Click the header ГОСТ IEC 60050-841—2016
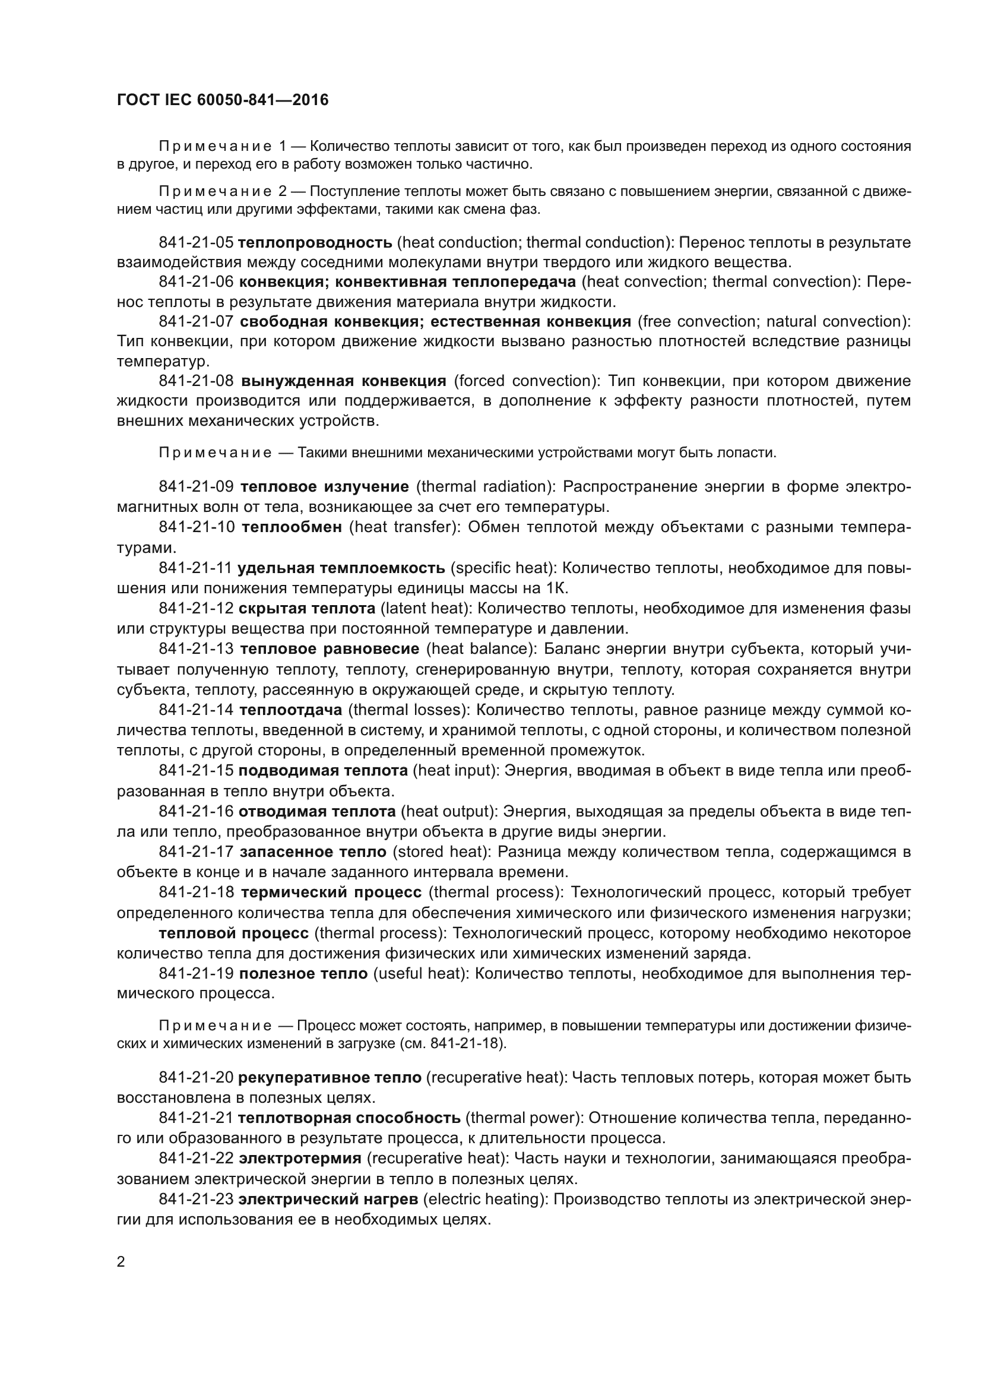pyautogui.click(x=223, y=100)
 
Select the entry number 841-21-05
pyautogui.click(x=196, y=243)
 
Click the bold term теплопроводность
pyautogui.click(x=315, y=243)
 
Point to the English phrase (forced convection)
pyautogui.click(x=526, y=381)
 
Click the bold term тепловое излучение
pyautogui.click(x=325, y=487)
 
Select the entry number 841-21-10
pyautogui.click(x=197, y=527)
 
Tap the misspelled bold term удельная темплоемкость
pyautogui.click(x=341, y=568)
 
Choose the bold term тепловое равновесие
pyautogui.click(x=330, y=649)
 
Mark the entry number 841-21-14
pyautogui.click(x=196, y=710)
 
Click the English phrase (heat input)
pyautogui.click(x=456, y=771)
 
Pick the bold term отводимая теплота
pyautogui.click(x=317, y=811)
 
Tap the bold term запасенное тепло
pyautogui.click(x=313, y=852)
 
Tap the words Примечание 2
pyautogui.click(x=223, y=192)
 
